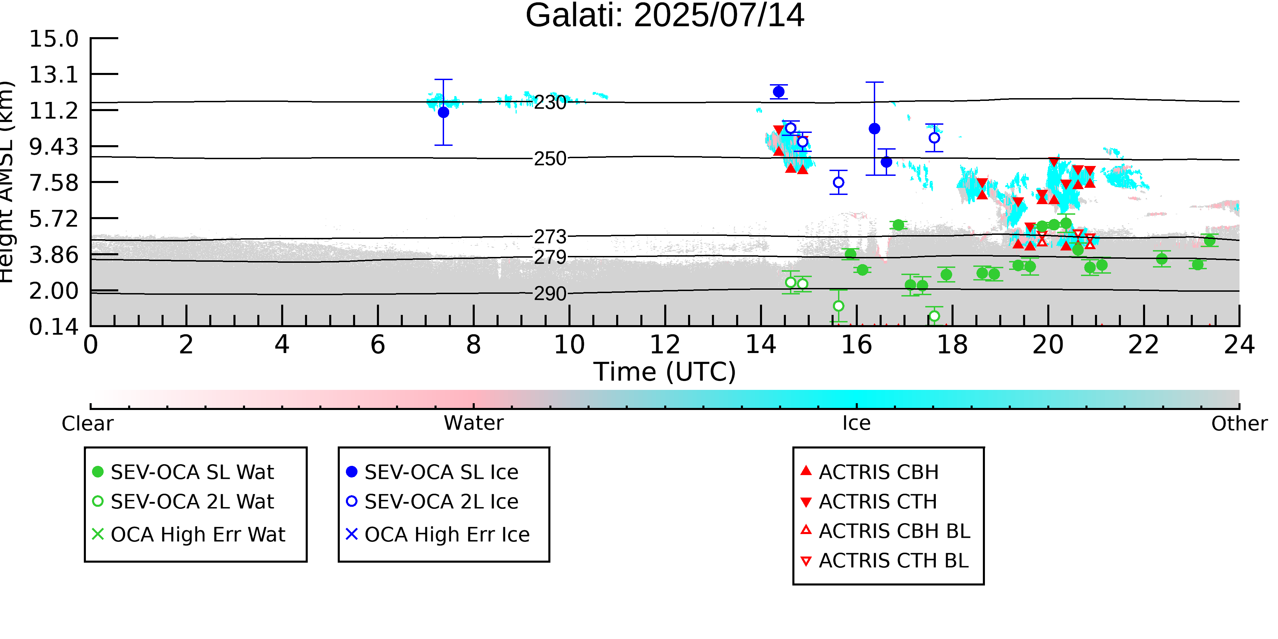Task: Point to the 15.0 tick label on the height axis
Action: [x=54, y=39]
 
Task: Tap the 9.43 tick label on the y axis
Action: [x=54, y=147]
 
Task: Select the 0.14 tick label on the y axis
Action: [x=54, y=327]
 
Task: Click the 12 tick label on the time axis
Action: [x=665, y=345]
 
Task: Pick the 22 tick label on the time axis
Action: [x=1143, y=345]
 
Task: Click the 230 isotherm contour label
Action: [x=550, y=102]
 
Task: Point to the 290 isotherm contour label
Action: [x=550, y=294]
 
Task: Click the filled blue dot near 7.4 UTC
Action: [x=443, y=112]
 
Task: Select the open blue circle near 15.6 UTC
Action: [x=838, y=183]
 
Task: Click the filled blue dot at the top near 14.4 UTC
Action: [x=779, y=92]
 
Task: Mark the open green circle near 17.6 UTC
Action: [x=934, y=316]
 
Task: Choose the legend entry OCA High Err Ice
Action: [x=438, y=534]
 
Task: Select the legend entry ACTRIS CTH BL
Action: [x=885, y=561]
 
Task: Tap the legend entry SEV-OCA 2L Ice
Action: [x=432, y=502]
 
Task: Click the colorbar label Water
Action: [x=474, y=423]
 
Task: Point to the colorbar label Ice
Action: [x=856, y=423]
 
